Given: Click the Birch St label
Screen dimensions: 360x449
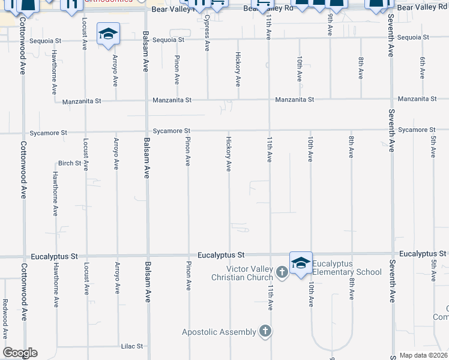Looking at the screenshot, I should point(69,163).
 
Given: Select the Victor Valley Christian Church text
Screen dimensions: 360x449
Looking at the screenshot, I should point(241,273).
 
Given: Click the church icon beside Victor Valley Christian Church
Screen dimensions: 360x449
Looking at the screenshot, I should point(282,273).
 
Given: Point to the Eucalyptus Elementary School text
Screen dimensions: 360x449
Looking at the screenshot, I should point(347,268).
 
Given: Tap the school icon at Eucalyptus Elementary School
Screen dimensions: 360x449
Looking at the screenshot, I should point(301,263).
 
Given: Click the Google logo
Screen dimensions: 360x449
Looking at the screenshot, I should point(20,353).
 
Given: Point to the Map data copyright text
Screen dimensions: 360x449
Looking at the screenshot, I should point(424,355).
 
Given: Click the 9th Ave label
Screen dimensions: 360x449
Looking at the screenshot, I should point(330,25).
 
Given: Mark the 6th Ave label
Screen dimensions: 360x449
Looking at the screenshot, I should point(423,68).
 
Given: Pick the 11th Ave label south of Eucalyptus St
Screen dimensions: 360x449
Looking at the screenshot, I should point(270,298).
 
